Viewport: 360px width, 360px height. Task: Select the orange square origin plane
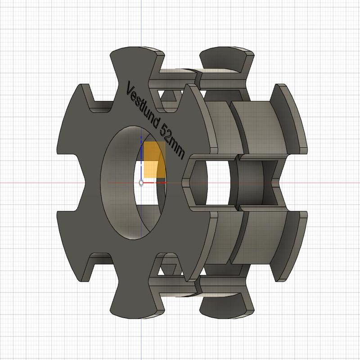tap(155, 160)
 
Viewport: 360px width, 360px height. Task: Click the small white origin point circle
tap(142, 183)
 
